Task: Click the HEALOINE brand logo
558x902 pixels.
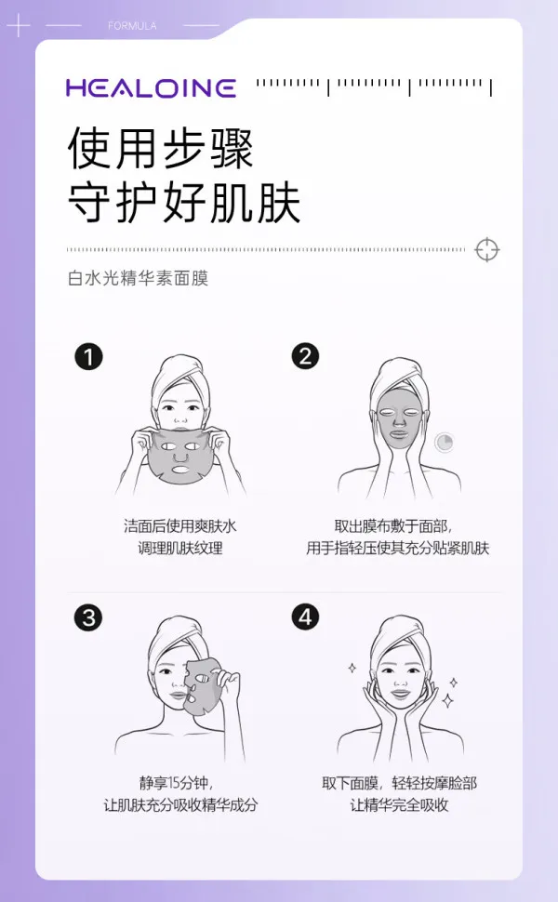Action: point(150,88)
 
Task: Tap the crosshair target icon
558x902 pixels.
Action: point(486,249)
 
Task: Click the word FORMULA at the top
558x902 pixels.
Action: point(131,25)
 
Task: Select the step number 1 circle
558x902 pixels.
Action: point(88,356)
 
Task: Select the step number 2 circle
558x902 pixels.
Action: point(305,356)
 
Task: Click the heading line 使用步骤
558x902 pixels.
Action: point(160,149)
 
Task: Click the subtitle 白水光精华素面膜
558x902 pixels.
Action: point(138,278)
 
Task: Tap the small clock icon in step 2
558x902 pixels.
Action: point(445,443)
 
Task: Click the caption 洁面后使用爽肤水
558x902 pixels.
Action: point(186,525)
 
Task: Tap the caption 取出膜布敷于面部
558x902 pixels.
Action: point(398,525)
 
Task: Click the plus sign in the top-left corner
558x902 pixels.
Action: point(18,25)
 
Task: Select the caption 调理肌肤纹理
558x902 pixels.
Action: point(186,548)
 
